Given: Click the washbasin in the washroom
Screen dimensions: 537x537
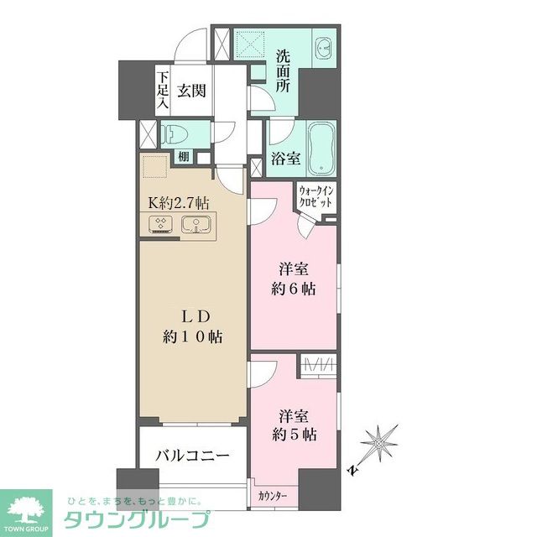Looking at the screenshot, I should [x=325, y=47].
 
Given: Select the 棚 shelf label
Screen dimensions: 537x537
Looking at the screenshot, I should [x=184, y=156].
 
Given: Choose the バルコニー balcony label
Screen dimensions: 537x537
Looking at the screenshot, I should [x=193, y=456].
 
